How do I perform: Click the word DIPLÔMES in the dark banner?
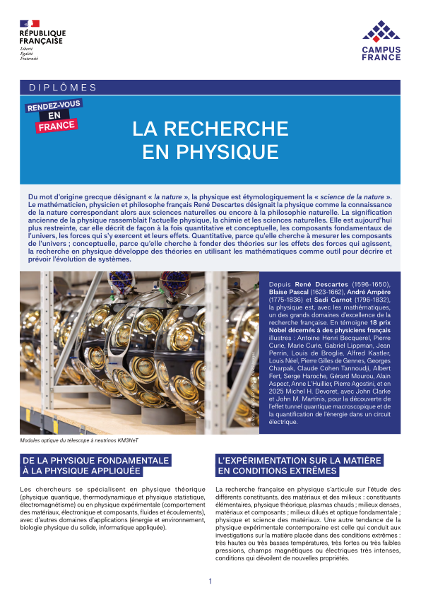click(63, 88)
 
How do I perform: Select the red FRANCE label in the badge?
click(57, 126)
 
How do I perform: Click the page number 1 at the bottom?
click(210, 581)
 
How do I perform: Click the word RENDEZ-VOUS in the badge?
click(53, 107)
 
